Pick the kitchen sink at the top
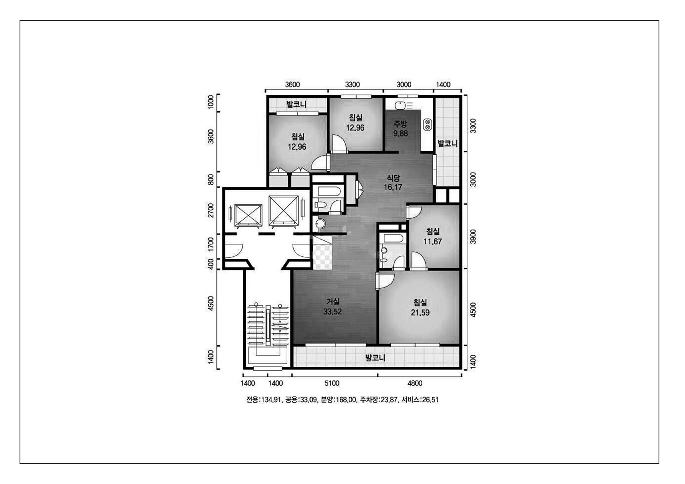tap(400, 105)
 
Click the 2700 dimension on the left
tap(211, 210)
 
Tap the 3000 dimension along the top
tap(404, 84)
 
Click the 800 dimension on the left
tap(211, 179)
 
